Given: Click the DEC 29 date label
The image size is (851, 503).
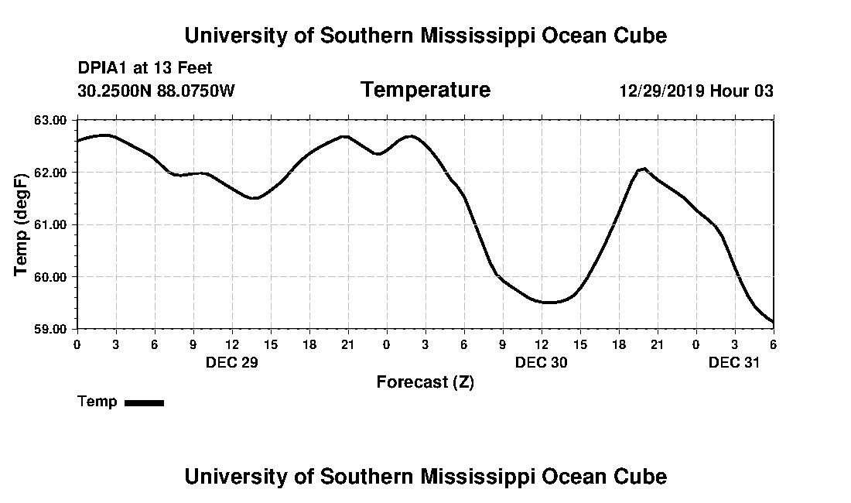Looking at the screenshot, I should tap(231, 362).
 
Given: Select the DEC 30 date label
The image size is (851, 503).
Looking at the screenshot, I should tap(542, 362).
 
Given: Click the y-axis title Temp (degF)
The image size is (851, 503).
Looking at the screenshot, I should tap(22, 224).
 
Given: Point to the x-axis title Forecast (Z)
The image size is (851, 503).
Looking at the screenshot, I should tap(425, 382).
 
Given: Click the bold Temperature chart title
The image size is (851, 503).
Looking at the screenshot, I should tap(425, 91).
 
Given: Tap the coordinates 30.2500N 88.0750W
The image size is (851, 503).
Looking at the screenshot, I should tap(156, 91).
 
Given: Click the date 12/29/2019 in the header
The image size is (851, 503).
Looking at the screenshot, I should tap(661, 91).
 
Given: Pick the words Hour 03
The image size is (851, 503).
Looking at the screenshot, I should tap(742, 91).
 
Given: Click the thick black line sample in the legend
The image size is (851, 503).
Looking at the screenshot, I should tap(144, 402).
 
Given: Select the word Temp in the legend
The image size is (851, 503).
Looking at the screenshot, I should tap(97, 402).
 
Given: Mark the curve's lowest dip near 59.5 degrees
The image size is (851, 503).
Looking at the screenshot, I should tap(548, 303).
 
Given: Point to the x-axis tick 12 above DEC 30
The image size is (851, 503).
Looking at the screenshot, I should tap(542, 344).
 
